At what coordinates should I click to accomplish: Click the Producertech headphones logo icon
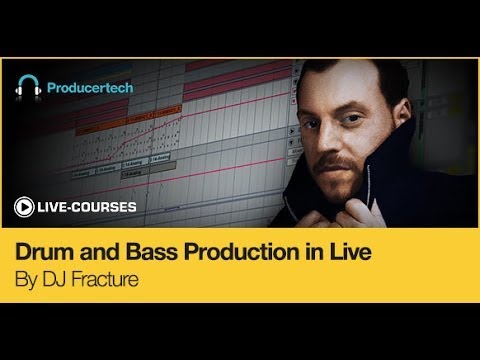(x=28, y=87)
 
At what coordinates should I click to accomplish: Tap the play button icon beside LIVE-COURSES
(x=22, y=207)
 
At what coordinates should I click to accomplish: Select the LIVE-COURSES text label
(x=86, y=207)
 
